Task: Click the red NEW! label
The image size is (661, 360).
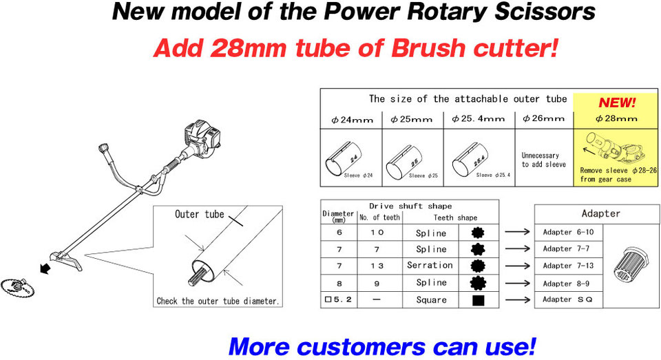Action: click(617, 103)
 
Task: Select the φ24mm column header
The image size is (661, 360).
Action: click(352, 119)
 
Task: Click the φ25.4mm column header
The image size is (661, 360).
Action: click(479, 119)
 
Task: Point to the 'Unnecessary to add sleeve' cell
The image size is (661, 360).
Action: click(544, 160)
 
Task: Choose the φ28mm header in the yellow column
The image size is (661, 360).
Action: click(616, 118)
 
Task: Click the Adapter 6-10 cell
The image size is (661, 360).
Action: click(563, 232)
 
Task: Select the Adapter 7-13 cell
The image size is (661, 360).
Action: click(563, 266)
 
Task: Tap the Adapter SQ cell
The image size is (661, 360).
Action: click(563, 299)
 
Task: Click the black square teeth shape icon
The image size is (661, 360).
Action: click(477, 300)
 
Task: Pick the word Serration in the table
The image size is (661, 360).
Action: click(430, 265)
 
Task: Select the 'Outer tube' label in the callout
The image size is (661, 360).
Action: click(199, 214)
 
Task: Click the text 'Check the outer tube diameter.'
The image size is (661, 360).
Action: click(218, 301)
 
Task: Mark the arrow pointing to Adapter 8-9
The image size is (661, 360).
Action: click(516, 283)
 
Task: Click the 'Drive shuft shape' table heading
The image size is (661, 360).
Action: click(410, 206)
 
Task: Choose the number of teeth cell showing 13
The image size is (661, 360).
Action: click(379, 266)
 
